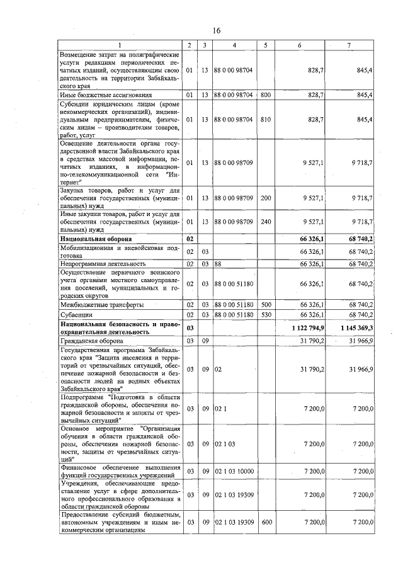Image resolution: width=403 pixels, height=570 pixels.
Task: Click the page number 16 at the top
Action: (216, 31)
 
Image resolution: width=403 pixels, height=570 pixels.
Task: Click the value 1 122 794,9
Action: (308, 328)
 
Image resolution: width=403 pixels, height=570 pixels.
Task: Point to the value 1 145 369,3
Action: (357, 328)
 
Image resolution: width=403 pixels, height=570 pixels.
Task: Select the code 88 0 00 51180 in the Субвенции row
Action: (234, 314)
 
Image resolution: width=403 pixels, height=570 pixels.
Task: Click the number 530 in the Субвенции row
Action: (266, 314)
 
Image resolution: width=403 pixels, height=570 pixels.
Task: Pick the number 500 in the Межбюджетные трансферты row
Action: (266, 304)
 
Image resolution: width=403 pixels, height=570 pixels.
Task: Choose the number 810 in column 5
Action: (266, 118)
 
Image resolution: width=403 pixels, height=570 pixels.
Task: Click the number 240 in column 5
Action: (266, 222)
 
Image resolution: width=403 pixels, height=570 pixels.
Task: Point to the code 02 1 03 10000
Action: (236, 472)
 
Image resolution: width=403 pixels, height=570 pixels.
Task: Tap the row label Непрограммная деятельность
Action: (103, 263)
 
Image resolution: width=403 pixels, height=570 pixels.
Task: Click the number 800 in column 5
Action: (266, 94)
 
